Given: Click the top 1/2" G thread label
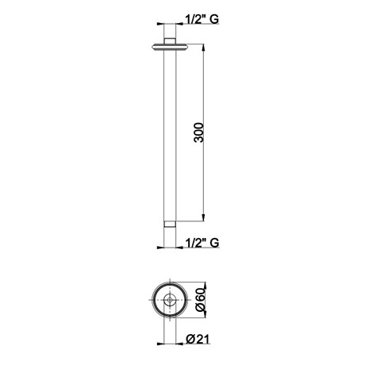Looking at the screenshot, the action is click(x=202, y=19).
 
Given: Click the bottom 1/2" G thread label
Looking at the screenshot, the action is click(x=202, y=243).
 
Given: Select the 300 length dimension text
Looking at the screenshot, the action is click(x=199, y=133).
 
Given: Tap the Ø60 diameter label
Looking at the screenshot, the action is click(x=201, y=300).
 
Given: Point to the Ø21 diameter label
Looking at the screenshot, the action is click(x=198, y=339).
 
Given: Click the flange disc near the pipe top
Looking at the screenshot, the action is click(x=170, y=47).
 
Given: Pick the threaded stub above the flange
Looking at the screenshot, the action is click(x=170, y=40).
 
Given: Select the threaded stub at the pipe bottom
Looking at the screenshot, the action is click(x=170, y=224).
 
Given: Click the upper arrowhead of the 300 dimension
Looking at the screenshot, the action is click(x=203, y=48).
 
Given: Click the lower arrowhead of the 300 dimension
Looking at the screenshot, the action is click(x=203, y=217).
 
